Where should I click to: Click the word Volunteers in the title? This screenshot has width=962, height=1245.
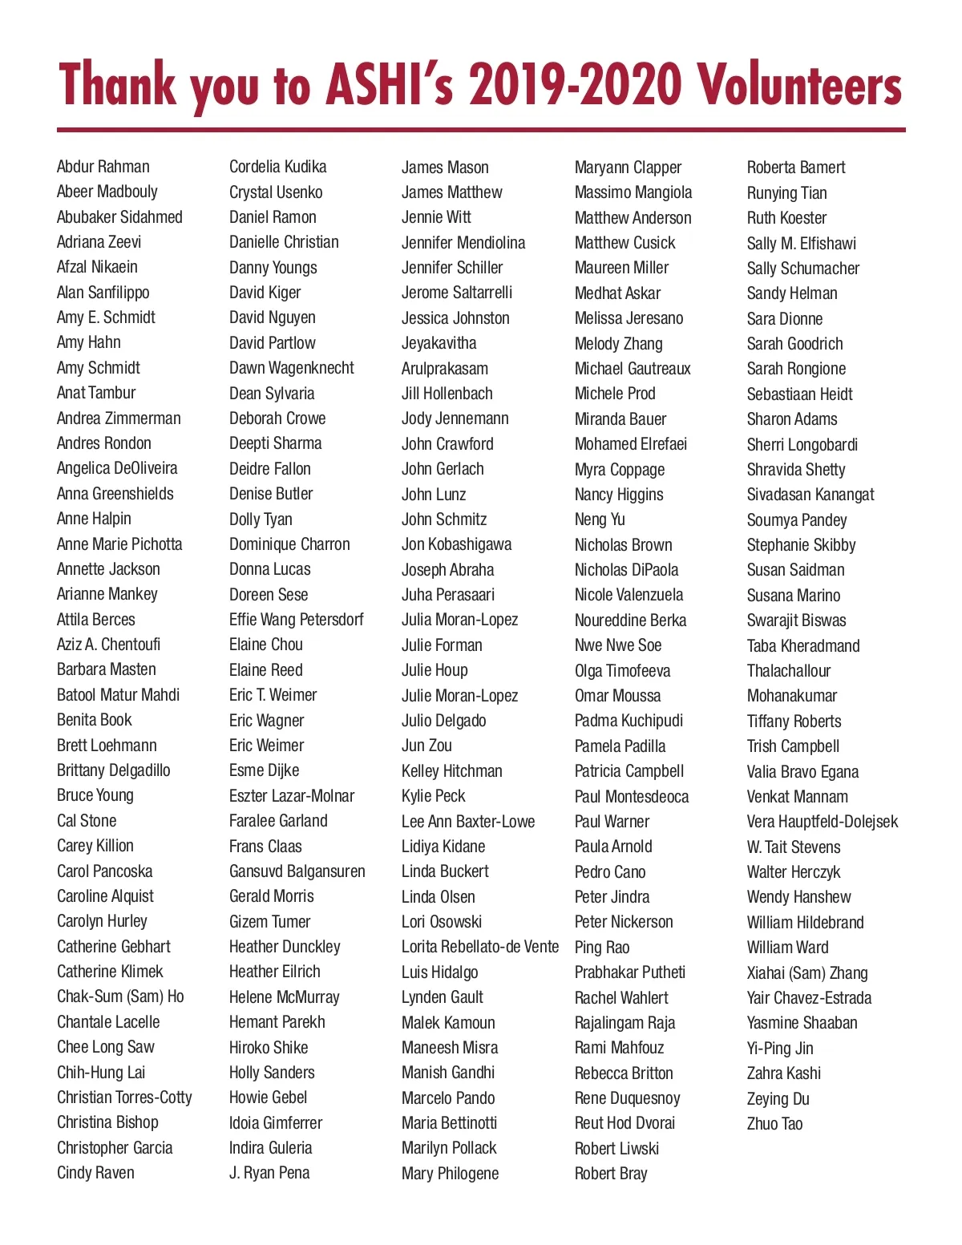coord(798,85)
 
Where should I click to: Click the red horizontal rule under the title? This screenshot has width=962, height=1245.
coord(481,129)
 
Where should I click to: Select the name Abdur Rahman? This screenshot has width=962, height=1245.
coord(103,167)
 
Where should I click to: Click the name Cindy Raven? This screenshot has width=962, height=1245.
coord(95,1173)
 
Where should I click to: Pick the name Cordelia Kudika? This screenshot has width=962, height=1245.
coord(277,167)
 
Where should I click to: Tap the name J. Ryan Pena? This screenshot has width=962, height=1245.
coord(269,1173)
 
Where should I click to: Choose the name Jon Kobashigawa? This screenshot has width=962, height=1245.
coord(456,544)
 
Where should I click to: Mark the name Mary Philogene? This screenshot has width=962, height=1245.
coord(450,1174)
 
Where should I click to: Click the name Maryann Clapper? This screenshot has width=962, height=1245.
coord(628,168)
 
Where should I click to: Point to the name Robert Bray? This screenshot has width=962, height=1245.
coord(611,1174)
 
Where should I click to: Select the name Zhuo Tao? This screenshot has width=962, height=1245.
coord(774,1124)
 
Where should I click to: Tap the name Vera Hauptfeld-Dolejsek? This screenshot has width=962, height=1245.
coord(822,822)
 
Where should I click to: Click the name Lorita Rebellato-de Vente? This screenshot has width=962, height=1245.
coord(479,947)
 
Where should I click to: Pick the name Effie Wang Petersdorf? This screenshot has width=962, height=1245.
coord(296,620)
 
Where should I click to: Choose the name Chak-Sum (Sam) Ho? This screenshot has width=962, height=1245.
coord(120,996)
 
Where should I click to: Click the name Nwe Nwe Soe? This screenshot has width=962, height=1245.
coord(617,645)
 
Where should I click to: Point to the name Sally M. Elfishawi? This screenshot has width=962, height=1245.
coord(801,244)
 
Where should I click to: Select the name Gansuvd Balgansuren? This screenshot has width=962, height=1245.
coord(297,871)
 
